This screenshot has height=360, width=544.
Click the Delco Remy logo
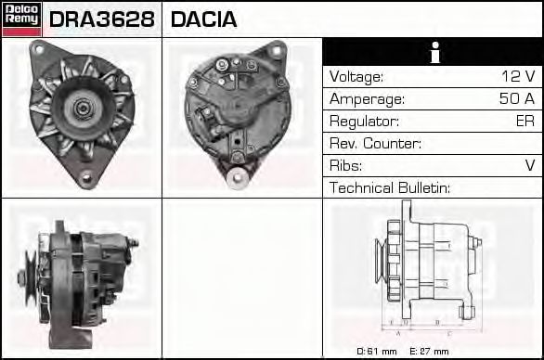coord(20,19)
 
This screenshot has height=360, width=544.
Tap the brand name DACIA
coord(203,19)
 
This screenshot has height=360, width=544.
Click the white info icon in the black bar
coord(433,53)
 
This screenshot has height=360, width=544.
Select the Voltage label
coord(356,77)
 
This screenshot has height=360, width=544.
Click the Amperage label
coord(367,99)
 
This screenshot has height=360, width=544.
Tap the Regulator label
coord(364,122)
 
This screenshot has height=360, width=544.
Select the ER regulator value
coord(525,122)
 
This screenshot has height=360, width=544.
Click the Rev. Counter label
coord(376,144)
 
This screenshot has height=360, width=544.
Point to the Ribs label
coord(346,166)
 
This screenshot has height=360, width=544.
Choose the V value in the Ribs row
coord(529,166)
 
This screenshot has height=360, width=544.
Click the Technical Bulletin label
coord(390,188)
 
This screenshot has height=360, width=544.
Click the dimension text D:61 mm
coord(377,351)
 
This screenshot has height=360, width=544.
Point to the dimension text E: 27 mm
coord(429,351)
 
